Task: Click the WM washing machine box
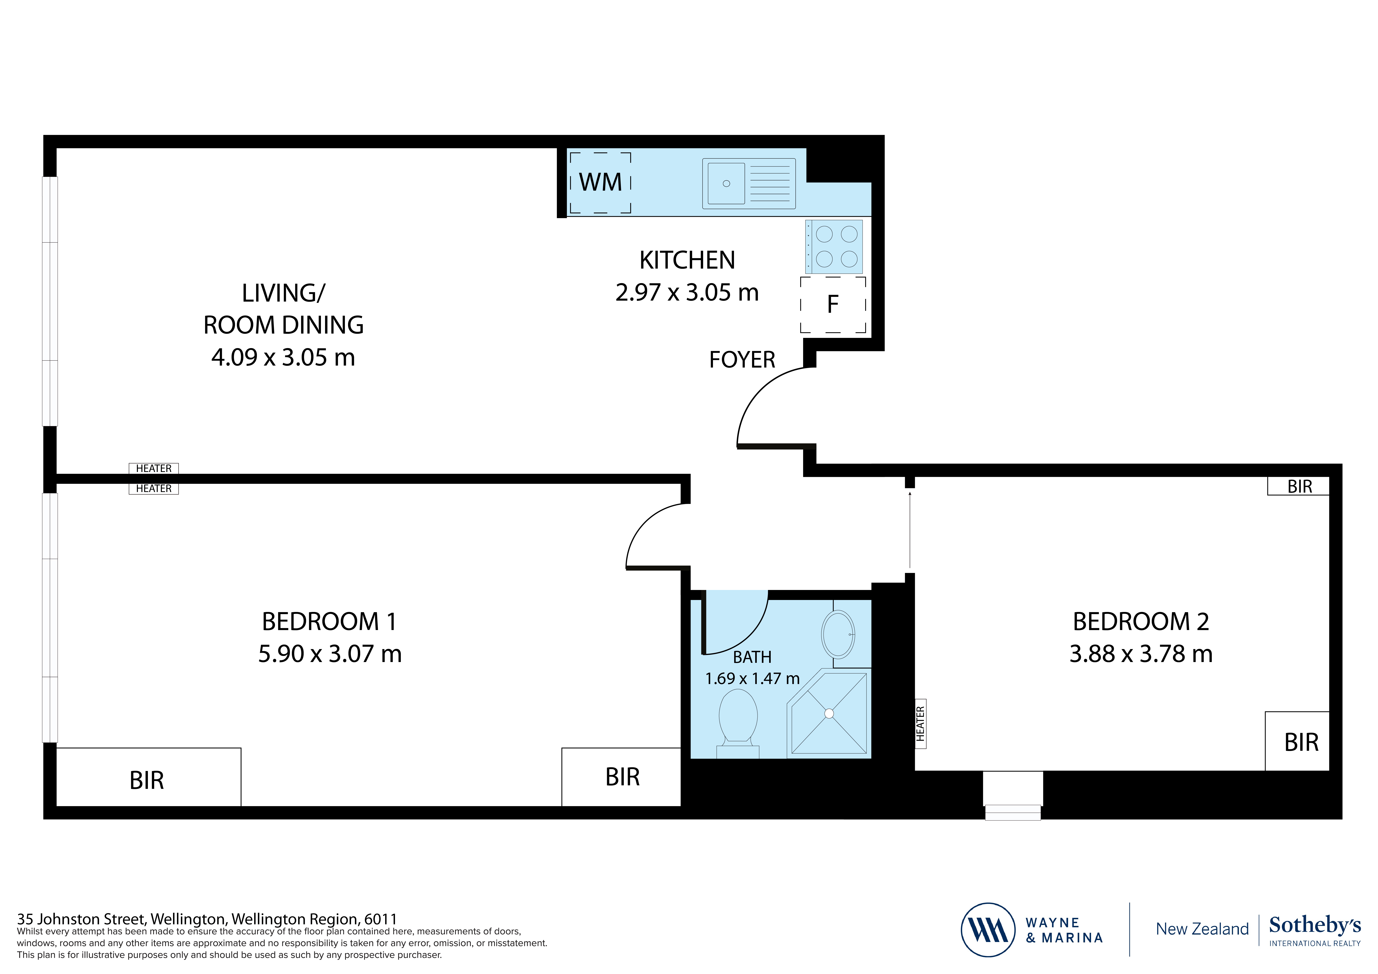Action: pyautogui.click(x=600, y=182)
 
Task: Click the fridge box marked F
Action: pyautogui.click(x=832, y=305)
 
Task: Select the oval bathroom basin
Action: pyautogui.click(x=838, y=634)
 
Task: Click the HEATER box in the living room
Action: pyautogui.click(x=154, y=468)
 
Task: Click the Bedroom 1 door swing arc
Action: pyautogui.click(x=651, y=531)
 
